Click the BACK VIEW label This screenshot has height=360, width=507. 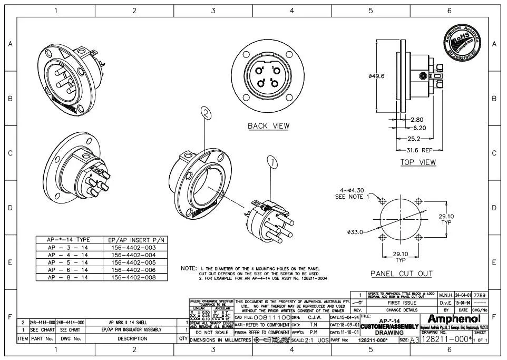point(268,126)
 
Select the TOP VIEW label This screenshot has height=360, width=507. point(418,162)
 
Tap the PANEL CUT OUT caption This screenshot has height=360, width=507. point(401,274)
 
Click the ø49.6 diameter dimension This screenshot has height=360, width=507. point(376,76)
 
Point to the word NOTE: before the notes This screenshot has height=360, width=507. point(188,268)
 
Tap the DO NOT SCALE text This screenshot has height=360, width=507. point(211,333)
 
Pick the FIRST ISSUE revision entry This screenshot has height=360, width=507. point(401,303)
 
